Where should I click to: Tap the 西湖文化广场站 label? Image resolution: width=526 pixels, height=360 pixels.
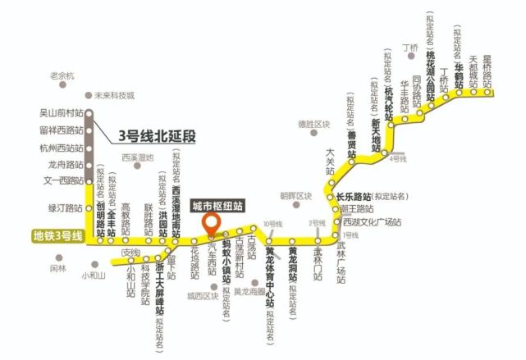[x=372, y=222]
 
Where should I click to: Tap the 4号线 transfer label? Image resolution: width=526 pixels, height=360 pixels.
[x=400, y=157]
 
